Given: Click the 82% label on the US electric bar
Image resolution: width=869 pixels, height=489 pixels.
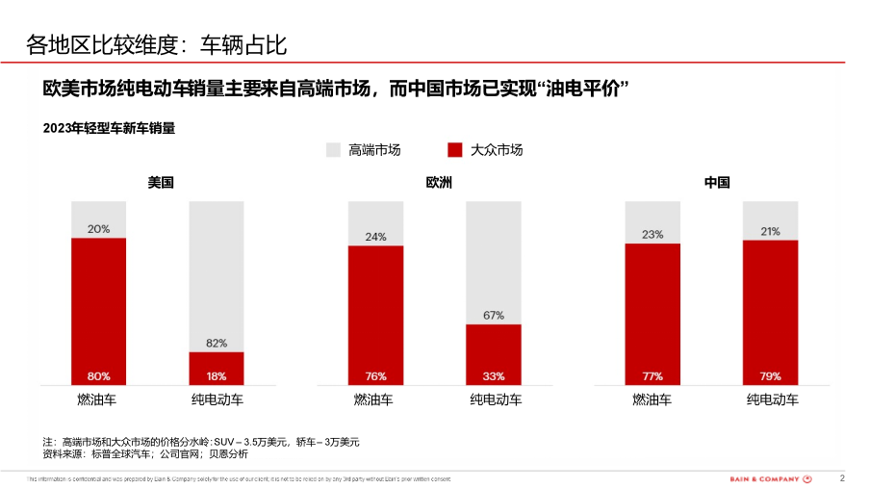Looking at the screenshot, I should click(217, 343).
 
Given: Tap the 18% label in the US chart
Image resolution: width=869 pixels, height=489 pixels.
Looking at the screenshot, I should click(217, 375).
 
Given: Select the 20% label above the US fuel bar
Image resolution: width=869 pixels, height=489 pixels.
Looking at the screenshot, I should click(98, 229).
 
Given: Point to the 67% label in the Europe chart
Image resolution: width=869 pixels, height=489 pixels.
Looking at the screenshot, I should click(494, 315).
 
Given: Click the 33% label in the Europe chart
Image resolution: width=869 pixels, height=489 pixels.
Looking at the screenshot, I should click(494, 375).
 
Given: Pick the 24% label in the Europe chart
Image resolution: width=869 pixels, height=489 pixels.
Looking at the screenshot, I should click(375, 237).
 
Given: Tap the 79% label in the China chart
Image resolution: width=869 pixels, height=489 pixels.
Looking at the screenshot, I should click(770, 375).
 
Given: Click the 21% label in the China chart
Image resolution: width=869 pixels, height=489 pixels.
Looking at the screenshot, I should click(770, 231).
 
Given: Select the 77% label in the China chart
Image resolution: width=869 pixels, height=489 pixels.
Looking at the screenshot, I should click(652, 375).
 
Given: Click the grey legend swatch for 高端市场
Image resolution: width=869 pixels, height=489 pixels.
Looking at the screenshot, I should click(333, 150).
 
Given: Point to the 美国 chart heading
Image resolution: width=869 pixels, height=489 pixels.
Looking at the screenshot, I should click(161, 182).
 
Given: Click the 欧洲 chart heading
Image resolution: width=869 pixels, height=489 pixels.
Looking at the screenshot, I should click(439, 182).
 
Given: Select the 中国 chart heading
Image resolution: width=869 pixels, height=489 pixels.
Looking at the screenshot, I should click(717, 182).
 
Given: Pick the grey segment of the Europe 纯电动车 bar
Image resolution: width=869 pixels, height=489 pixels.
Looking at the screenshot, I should click(494, 260).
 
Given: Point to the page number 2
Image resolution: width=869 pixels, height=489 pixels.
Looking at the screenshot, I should click(843, 477).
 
